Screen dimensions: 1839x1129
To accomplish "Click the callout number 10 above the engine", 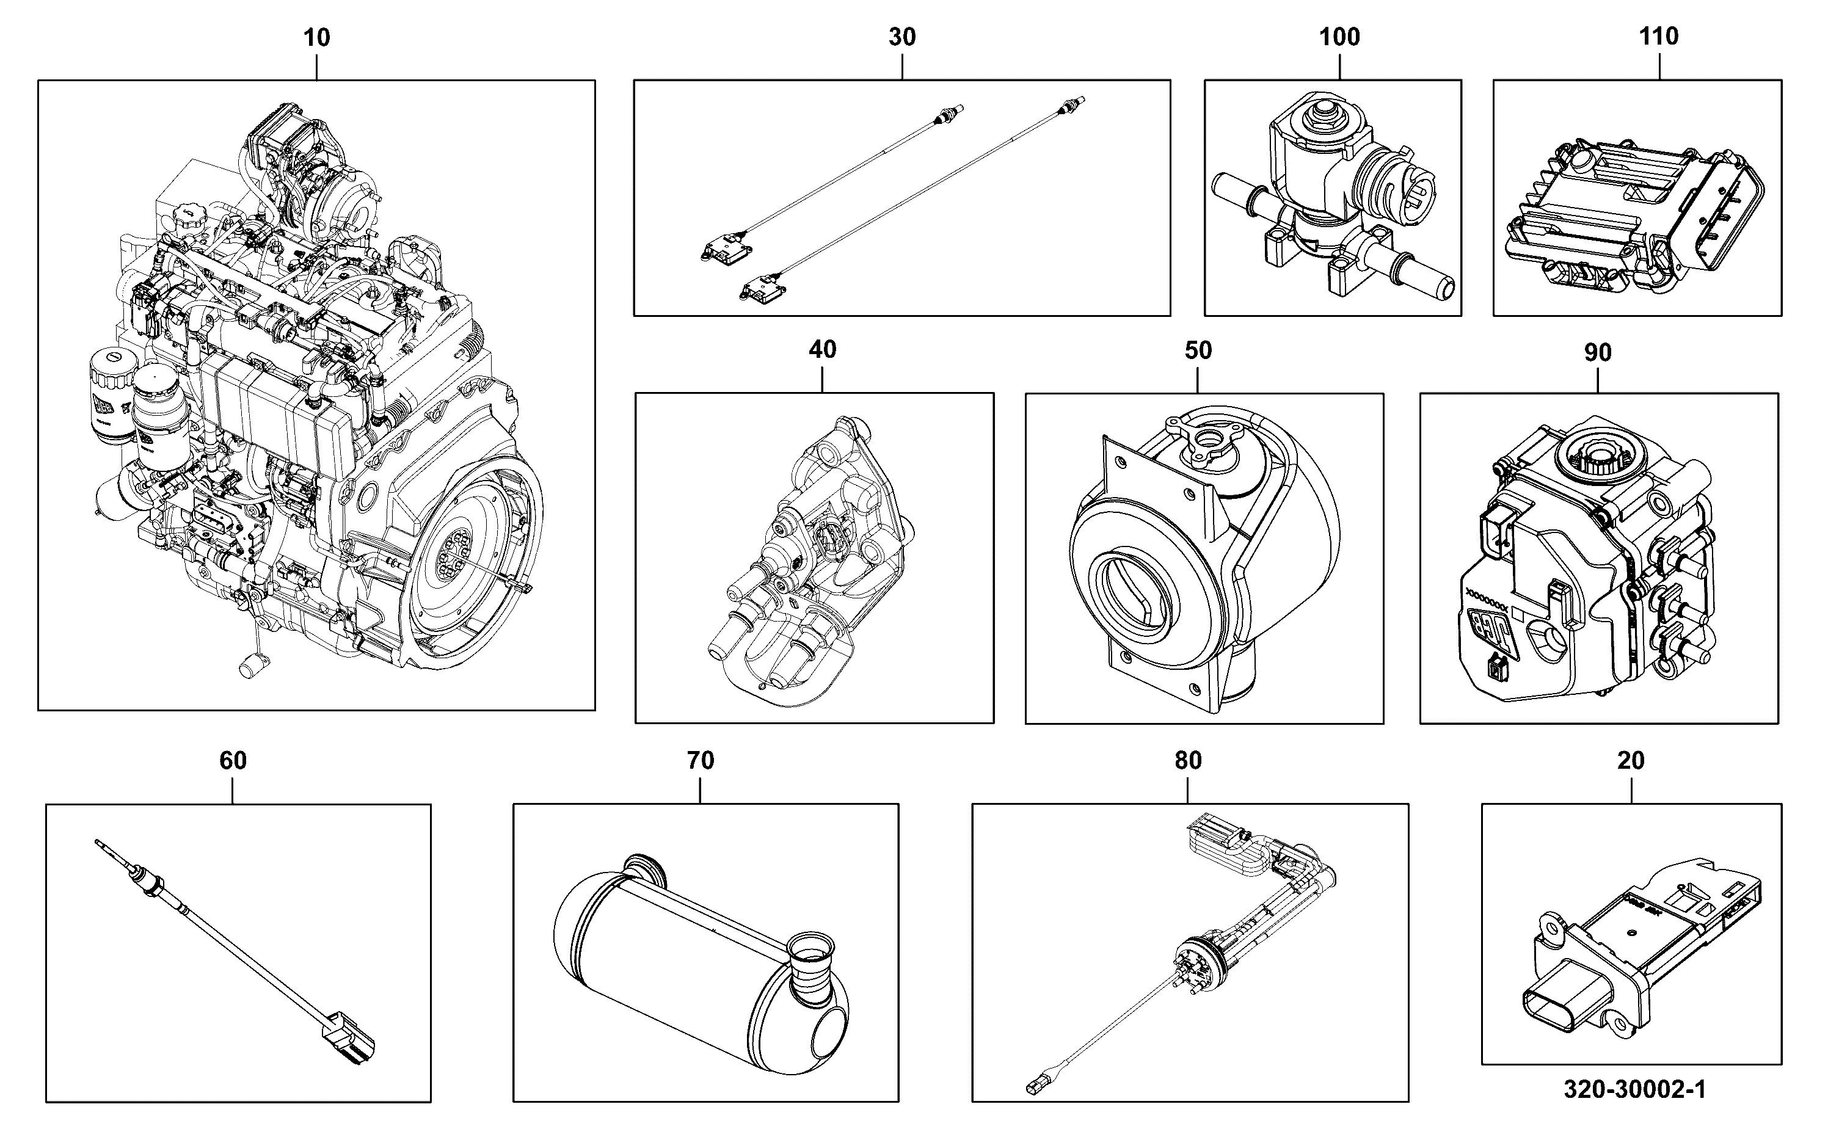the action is click(316, 37).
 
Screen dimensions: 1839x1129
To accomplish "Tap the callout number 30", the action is click(902, 37).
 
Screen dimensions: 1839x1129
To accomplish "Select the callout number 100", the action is click(1339, 37).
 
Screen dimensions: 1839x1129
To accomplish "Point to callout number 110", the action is click(1659, 36).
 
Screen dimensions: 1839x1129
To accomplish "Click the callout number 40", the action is click(823, 349).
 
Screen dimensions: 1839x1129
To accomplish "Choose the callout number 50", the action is click(1198, 350).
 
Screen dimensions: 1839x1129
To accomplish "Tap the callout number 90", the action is click(1598, 352).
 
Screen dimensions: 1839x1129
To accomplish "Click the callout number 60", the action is click(233, 760).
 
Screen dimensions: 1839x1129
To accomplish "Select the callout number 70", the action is click(701, 760).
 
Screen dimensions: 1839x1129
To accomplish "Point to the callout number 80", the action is click(1189, 760).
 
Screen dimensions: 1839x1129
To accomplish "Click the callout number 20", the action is click(1631, 760).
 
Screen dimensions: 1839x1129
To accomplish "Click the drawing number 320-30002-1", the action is click(1635, 1089).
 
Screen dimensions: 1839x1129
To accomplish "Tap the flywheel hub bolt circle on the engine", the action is click(456, 556).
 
